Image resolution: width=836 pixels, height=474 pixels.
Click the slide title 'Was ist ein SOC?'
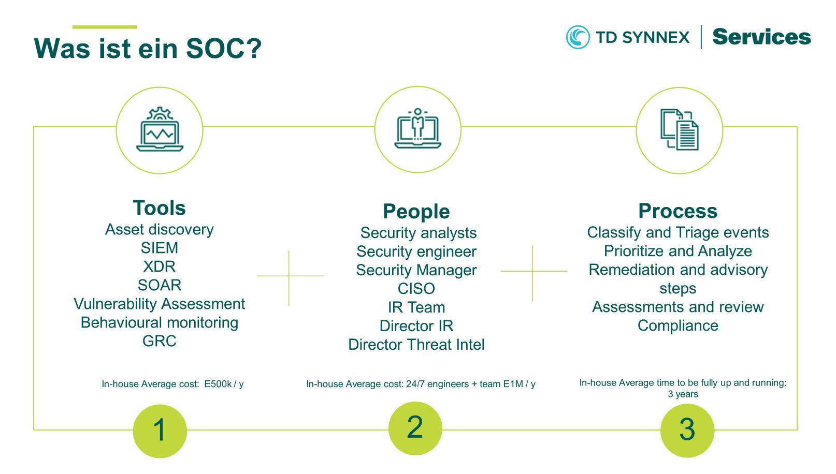(x=148, y=49)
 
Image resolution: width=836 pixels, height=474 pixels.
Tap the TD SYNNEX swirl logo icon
(x=578, y=37)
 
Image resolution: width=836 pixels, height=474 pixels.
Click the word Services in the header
(x=761, y=37)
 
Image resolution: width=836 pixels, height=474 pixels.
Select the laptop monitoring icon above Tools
(x=160, y=130)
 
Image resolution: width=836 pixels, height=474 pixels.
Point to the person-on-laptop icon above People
(x=417, y=129)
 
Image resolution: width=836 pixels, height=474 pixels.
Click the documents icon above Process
(x=679, y=130)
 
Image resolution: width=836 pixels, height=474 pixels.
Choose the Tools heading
(x=160, y=208)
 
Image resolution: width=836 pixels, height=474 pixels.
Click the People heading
(x=416, y=212)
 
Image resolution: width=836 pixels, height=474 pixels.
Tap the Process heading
(x=678, y=211)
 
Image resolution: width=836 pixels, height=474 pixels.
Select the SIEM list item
(x=160, y=248)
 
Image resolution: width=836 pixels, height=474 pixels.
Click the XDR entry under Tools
(x=160, y=266)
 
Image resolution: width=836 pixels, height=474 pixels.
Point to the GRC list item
(x=160, y=341)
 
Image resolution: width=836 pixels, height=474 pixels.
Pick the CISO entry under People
(x=416, y=289)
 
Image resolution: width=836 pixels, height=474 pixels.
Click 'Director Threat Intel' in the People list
(x=416, y=345)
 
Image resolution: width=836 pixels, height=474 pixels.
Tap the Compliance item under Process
(x=678, y=326)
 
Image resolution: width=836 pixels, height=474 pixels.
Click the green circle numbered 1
(x=160, y=431)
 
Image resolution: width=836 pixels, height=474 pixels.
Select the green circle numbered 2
(x=415, y=428)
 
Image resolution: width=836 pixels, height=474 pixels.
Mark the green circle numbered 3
(x=687, y=430)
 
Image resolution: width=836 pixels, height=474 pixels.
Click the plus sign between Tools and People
(x=289, y=276)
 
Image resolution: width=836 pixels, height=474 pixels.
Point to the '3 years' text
(x=683, y=394)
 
